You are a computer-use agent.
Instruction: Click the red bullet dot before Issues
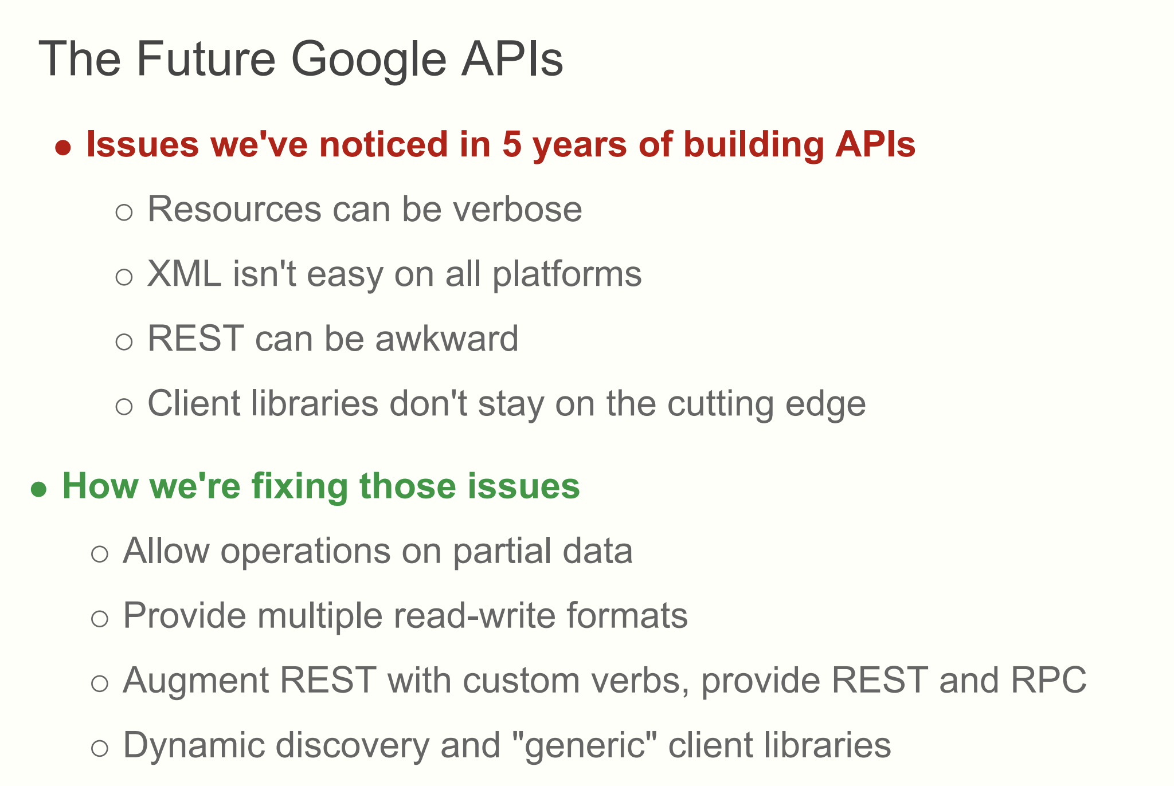[63, 148]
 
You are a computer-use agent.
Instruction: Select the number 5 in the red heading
[511, 144]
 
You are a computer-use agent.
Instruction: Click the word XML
[184, 274]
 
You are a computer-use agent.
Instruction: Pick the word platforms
[567, 275]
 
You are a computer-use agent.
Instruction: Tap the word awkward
[447, 339]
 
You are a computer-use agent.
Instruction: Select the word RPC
[1048, 681]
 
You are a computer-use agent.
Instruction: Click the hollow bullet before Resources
[124, 213]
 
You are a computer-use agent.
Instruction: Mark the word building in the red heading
[754, 144]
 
